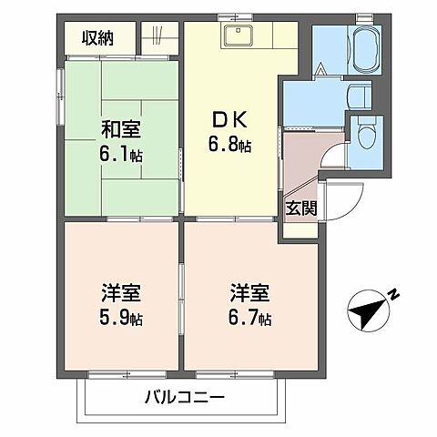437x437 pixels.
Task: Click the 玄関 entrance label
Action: click(301, 208)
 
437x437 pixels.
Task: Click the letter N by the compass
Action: click(393, 294)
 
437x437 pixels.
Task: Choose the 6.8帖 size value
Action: click(230, 144)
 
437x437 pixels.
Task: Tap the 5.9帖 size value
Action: click(121, 319)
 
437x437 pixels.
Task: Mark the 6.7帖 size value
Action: click(248, 319)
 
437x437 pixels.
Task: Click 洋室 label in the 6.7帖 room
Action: click(248, 296)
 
